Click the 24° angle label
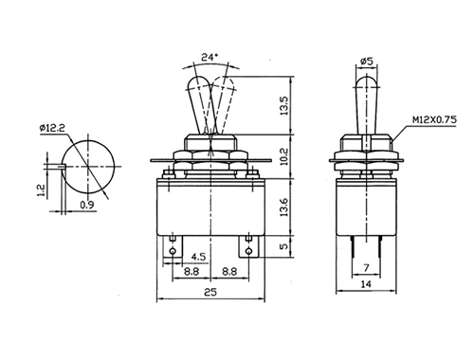pos(210,57)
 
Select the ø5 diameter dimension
pos(367,61)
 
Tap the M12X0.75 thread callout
pos(434,119)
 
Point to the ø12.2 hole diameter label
pos(52,128)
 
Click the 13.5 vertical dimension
pos(284,106)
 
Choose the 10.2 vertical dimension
pos(284,156)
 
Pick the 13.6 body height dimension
pos(284,207)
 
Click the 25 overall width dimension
pos(210,292)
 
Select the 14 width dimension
pos(366,284)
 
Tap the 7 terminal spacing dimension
pos(366,268)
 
